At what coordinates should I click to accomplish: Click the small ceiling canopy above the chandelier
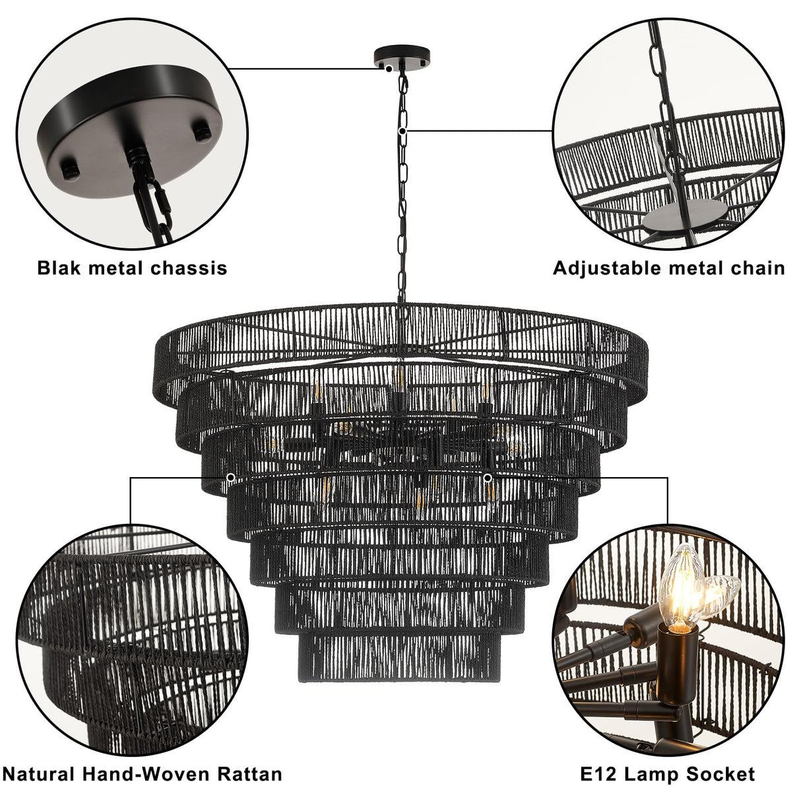click(x=400, y=57)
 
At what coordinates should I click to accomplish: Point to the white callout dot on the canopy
click(x=391, y=67)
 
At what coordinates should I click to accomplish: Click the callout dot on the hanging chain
click(x=409, y=131)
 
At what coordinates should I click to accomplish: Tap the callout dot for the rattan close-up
click(x=230, y=477)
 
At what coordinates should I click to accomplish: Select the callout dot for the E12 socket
click(x=487, y=477)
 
